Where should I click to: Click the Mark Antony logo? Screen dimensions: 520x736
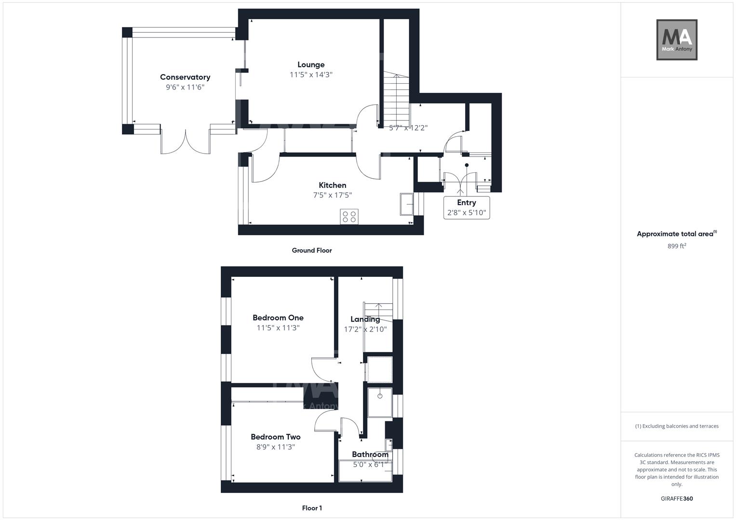point(677,39)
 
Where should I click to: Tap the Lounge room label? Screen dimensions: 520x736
point(311,65)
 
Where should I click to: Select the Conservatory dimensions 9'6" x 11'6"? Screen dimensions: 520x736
point(186,87)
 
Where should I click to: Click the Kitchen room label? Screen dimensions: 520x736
point(332,185)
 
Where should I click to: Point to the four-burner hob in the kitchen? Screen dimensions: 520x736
point(349,217)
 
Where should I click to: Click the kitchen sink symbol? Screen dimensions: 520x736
point(406,204)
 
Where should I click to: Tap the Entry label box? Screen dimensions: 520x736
point(466,208)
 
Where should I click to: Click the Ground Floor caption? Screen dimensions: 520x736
point(312,250)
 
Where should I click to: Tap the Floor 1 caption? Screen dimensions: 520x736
point(312,508)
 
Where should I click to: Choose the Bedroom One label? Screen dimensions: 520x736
point(278,318)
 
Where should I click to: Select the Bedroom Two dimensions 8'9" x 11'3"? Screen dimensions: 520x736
point(276,447)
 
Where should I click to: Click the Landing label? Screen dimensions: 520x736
point(365,319)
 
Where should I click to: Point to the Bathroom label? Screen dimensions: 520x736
point(370,455)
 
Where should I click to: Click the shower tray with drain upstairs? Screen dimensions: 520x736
point(380,403)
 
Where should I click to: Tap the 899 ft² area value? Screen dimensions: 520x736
point(677,246)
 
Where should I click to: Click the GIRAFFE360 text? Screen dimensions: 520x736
point(677,499)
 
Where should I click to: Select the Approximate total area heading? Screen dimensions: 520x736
point(676,234)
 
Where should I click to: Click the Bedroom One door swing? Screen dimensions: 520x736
point(322,367)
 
